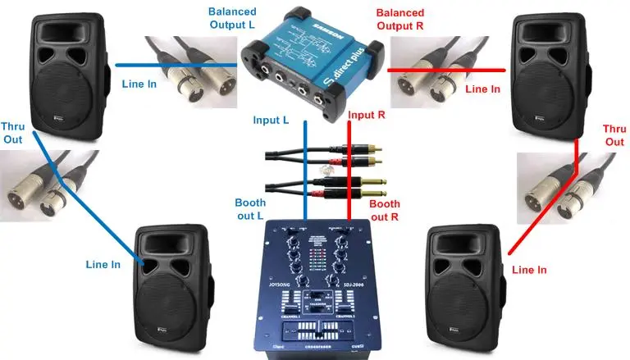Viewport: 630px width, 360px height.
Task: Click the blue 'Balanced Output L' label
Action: coord(231,19)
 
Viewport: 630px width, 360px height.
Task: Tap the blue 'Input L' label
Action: coord(271,121)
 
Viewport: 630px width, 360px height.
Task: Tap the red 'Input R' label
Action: coord(366,116)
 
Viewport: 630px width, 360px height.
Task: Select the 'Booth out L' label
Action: coord(250,209)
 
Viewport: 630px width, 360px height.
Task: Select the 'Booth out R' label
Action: coord(384,210)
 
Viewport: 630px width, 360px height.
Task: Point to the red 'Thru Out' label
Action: coord(614,135)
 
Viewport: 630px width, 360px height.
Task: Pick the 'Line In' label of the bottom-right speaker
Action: coord(529,269)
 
